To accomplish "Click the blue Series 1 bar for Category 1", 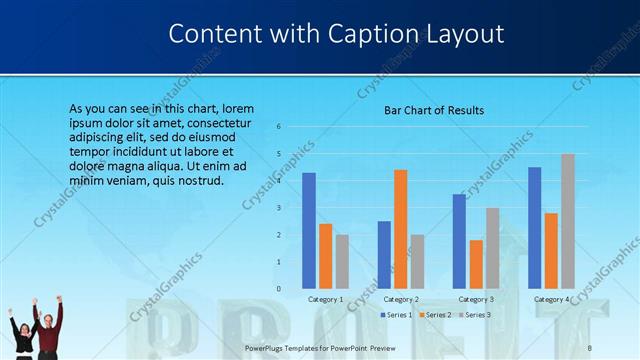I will pos(309,231).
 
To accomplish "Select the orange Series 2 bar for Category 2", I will pos(401,229).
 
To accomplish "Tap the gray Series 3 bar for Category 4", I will pos(568,221).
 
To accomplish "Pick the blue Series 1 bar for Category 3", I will pos(459,241).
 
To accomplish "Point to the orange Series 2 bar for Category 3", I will pos(476,264).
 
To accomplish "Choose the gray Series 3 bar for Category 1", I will pos(342,261).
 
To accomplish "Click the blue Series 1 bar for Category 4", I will pos(534,228).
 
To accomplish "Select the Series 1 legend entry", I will pos(397,315).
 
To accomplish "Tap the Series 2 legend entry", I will pos(437,315).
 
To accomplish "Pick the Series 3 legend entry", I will pos(476,315).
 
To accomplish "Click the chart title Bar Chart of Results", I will pos(434,110).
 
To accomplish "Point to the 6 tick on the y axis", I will pos(279,126).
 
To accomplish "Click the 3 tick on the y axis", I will pos(279,208).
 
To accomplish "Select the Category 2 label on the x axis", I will pos(401,299).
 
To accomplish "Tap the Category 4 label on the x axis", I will pos(551,299).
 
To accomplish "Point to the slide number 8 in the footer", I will pos(590,347).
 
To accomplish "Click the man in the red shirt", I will pos(49,328).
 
